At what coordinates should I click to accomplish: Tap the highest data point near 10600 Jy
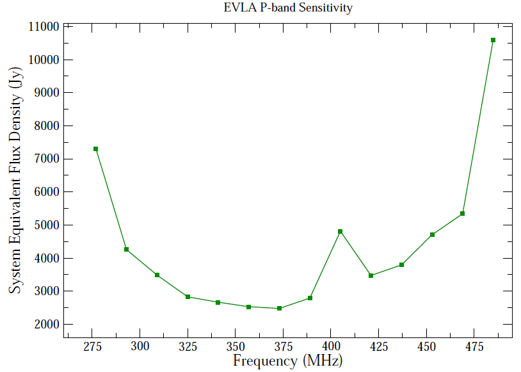pyautogui.click(x=493, y=40)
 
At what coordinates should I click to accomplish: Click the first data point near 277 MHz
pyautogui.click(x=95, y=149)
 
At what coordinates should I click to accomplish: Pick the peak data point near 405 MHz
pyautogui.click(x=341, y=232)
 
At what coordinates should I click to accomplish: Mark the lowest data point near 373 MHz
pyautogui.click(x=280, y=309)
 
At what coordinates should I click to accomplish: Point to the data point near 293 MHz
pyautogui.click(x=127, y=250)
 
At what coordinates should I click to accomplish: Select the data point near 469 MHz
pyautogui.click(x=462, y=214)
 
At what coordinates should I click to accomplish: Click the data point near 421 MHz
pyautogui.click(x=371, y=276)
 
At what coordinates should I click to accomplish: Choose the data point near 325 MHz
pyautogui.click(x=188, y=297)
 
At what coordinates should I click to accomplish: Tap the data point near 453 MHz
pyautogui.click(x=433, y=235)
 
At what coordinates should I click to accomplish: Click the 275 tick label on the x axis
pyautogui.click(x=92, y=347)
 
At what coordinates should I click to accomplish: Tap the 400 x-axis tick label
pyautogui.click(x=330, y=347)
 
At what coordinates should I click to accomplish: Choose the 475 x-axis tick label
pyautogui.click(x=474, y=347)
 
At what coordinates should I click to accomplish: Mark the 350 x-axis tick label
pyautogui.click(x=235, y=347)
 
